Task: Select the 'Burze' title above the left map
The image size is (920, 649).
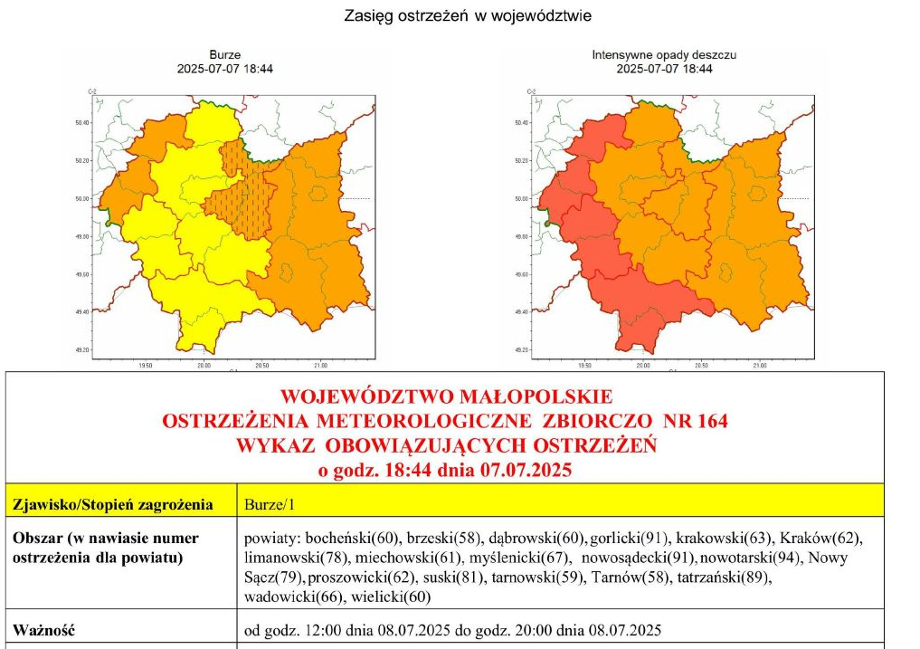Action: (225, 55)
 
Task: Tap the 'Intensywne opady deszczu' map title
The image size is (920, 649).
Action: (664, 55)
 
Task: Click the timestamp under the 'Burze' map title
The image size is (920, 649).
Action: (225, 69)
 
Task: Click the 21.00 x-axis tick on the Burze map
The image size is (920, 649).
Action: (320, 367)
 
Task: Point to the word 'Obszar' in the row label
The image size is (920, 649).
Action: (36, 538)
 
